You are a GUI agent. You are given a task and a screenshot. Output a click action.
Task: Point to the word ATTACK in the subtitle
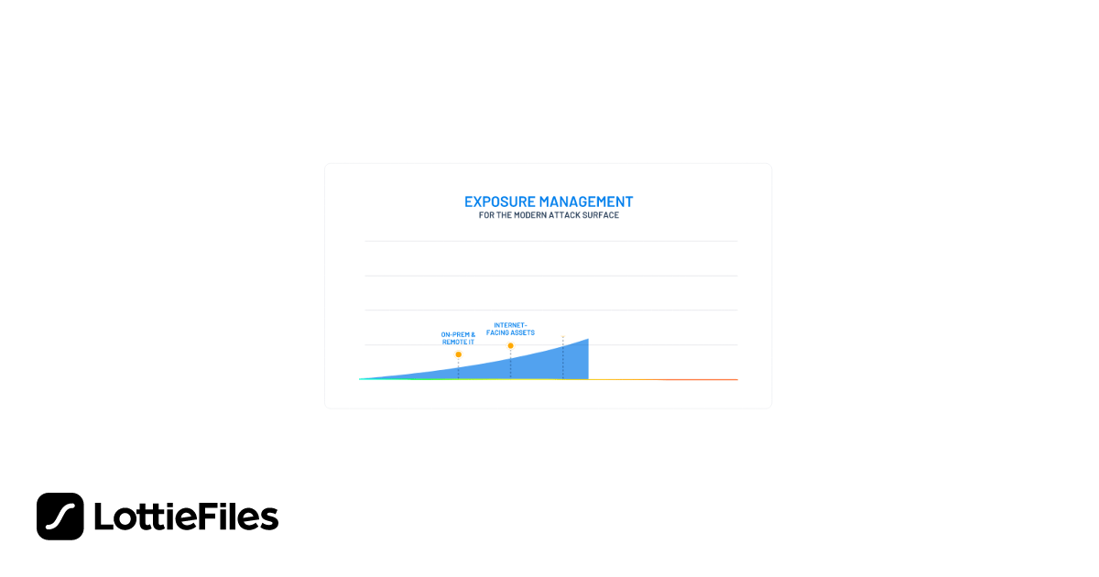[x=568, y=216]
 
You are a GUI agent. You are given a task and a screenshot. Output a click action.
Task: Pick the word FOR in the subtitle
[x=485, y=216]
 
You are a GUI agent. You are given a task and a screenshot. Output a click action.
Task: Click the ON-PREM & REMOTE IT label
[x=458, y=337]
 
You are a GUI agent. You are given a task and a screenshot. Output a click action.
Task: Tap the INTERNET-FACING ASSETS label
[x=510, y=328]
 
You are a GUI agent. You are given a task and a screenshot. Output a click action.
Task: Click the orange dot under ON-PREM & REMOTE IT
[x=458, y=354]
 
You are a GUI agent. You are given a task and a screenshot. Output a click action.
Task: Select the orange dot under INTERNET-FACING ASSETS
[x=510, y=345]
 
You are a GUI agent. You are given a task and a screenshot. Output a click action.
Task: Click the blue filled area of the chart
[x=549, y=365]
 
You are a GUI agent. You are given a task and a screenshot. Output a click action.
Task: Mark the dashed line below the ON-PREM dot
[x=458, y=368]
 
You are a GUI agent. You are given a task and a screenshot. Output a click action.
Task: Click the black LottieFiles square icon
[x=60, y=517]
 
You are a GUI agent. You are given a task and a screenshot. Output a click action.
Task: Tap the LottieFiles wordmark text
[x=186, y=517]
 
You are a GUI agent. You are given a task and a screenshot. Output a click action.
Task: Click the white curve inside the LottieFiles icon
[x=60, y=517]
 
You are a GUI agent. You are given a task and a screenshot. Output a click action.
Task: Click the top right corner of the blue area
[x=587, y=340]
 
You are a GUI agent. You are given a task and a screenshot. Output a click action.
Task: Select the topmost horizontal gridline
[x=549, y=242]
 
